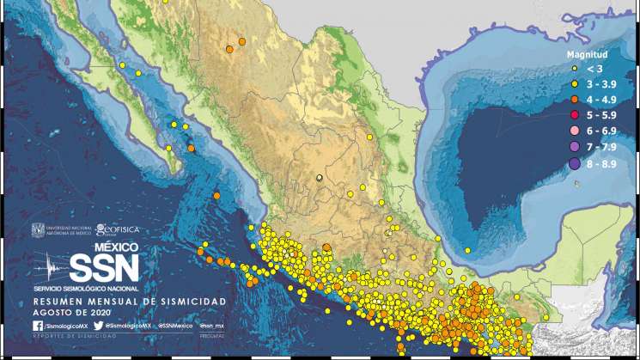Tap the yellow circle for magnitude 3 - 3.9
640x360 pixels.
tap(573, 83)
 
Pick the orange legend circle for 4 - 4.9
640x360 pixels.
tap(573, 99)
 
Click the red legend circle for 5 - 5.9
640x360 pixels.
tap(573, 114)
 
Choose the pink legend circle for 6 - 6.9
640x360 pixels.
tap(573, 130)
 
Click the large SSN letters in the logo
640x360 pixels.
tap(103, 267)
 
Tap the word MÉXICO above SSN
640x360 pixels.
tap(115, 247)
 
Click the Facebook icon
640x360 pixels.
tap(38, 326)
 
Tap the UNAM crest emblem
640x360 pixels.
tap(37, 231)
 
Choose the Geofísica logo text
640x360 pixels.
tap(118, 230)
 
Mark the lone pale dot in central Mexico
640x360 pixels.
tap(320, 178)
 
